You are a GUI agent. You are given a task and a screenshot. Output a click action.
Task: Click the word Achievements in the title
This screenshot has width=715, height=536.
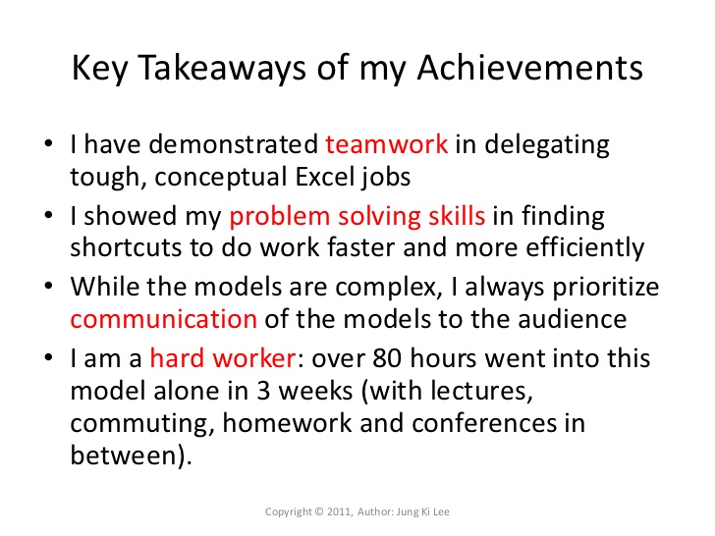click(x=530, y=68)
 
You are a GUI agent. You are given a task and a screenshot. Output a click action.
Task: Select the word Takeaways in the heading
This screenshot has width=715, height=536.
click(x=222, y=69)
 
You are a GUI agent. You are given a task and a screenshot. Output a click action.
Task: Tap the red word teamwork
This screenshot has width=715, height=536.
click(x=387, y=144)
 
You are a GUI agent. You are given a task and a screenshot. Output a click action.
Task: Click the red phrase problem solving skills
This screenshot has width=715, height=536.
click(x=357, y=216)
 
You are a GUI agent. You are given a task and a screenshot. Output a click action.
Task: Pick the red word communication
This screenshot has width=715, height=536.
click(x=164, y=319)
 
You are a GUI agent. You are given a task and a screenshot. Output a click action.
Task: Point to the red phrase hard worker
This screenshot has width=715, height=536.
click(x=223, y=358)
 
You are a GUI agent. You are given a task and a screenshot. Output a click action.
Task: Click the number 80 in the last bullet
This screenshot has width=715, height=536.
click(x=387, y=358)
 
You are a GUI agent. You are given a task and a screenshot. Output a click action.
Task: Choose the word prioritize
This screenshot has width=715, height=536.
click(x=606, y=288)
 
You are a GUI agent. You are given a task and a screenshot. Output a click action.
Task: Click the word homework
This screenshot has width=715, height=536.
click(x=287, y=423)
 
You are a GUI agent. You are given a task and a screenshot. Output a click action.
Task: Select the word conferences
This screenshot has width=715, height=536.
click(x=484, y=423)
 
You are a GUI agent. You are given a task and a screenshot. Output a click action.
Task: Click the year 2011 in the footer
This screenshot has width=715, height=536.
click(x=338, y=511)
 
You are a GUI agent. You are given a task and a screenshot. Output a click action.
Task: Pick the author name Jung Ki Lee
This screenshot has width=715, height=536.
click(x=422, y=511)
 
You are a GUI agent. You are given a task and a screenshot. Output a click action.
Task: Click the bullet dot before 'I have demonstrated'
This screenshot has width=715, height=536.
click(x=48, y=143)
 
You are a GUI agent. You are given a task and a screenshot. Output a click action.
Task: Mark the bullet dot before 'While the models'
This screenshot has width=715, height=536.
click(x=48, y=287)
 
